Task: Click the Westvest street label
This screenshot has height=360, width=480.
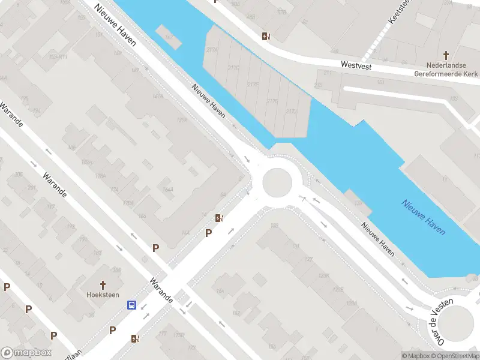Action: point(353,63)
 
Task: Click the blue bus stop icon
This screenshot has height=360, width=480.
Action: point(131,305)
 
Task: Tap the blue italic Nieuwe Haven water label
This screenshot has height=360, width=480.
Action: point(424,217)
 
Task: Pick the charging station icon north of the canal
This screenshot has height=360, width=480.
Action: point(265,36)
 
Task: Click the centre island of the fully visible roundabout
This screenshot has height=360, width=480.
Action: point(280,182)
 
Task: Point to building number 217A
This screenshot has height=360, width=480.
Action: point(212,50)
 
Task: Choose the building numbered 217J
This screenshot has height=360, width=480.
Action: point(292,112)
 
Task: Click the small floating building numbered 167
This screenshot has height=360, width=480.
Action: point(169,38)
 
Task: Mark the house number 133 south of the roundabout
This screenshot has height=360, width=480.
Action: point(275,226)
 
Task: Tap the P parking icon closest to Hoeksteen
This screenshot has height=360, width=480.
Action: point(112,329)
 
